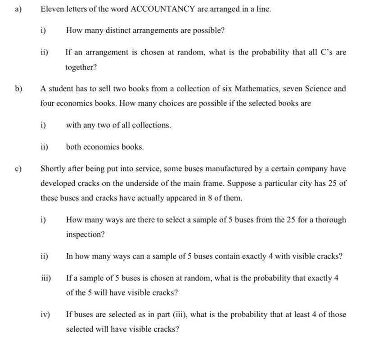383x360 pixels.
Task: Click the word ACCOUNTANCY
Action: [163, 9]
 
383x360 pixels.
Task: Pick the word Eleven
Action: [51, 9]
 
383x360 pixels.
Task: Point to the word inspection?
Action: [85, 235]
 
